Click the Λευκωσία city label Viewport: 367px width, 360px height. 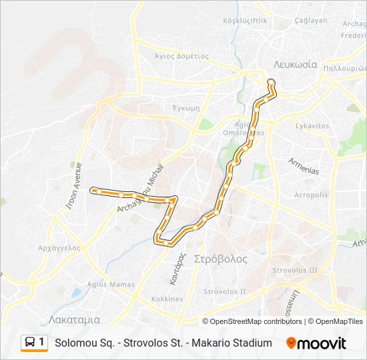pos(294,65)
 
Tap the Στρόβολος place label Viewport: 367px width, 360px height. pos(220,259)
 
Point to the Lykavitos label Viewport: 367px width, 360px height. pos(312,125)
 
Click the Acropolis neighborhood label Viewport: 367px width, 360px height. pos(312,195)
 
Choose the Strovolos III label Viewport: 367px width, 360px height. pos(295,270)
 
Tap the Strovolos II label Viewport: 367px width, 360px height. pos(225,291)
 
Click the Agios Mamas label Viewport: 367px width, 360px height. pos(107,284)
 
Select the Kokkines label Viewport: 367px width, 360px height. pos(167,299)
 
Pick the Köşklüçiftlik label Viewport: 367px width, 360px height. pos(246,21)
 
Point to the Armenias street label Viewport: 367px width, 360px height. pos(304,166)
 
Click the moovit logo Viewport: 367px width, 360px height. pos(316,343)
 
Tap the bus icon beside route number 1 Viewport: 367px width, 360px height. pos(30,342)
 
